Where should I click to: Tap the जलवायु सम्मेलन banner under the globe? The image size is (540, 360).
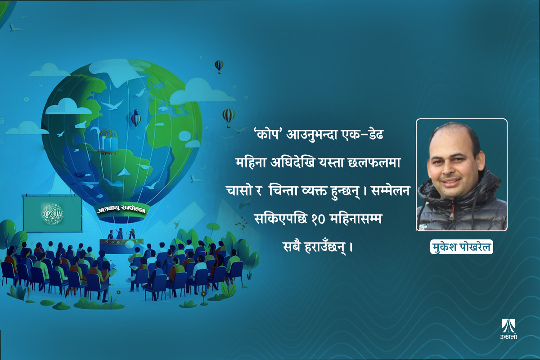tap(123, 210)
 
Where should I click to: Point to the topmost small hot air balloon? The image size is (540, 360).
tap(219, 66)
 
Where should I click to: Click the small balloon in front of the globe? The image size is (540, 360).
tap(135, 118)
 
